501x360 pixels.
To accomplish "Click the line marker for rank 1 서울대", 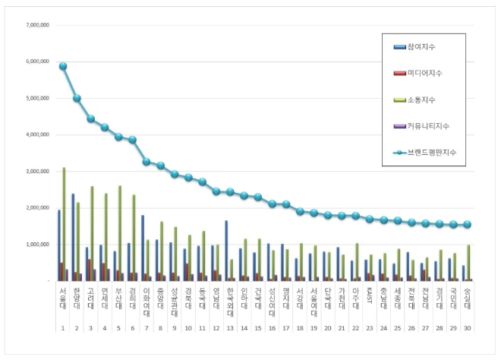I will (63, 66).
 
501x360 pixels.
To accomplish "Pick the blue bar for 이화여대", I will (143, 248).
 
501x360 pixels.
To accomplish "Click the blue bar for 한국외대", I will (226, 251).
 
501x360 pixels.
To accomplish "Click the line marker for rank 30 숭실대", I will (468, 224).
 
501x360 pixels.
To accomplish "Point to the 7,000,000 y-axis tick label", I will (36, 25).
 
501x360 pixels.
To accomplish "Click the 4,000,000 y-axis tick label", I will (36, 134).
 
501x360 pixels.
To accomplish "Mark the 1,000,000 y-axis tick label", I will (36, 245).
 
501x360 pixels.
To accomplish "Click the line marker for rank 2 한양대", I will (77, 98).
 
